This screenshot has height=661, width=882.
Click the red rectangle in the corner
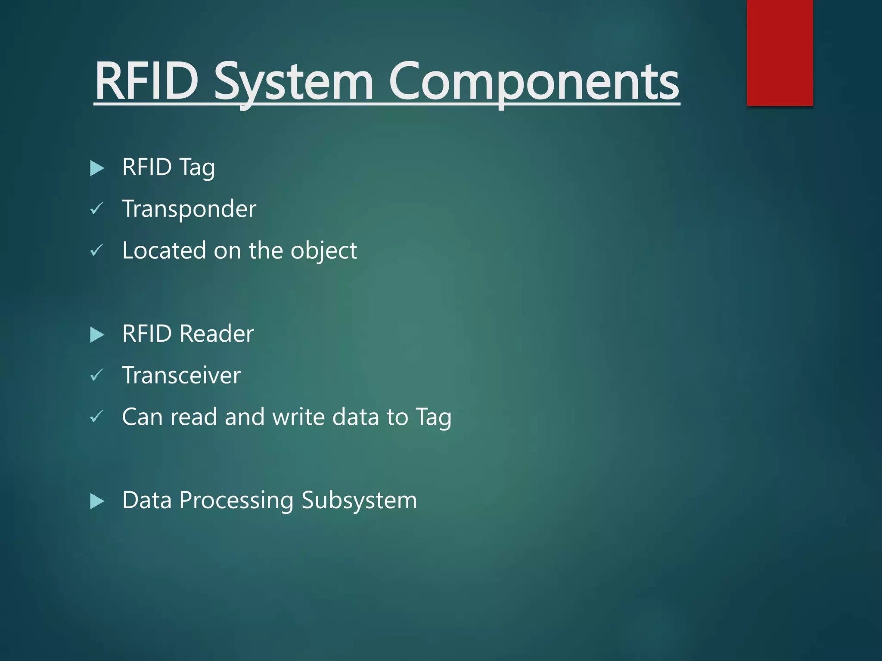pos(780,53)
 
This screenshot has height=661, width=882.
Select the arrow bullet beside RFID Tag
pos(97,168)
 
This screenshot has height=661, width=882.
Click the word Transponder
pos(189,209)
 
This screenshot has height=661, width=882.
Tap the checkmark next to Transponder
pos(96,209)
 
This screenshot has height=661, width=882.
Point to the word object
pos(323,251)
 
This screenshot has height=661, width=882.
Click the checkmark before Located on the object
pos(96,250)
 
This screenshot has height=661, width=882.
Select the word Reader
pos(216,334)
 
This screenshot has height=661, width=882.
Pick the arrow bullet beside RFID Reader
pos(97,335)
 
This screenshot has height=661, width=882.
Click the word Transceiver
pos(181,375)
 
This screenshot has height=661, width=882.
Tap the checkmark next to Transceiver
pos(96,375)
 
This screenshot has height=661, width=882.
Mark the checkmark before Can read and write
pos(96,417)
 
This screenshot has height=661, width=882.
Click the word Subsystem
pos(359,500)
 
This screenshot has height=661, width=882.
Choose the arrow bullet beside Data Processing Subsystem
pos(97,501)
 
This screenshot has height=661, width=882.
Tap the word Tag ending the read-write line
pos(433,417)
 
